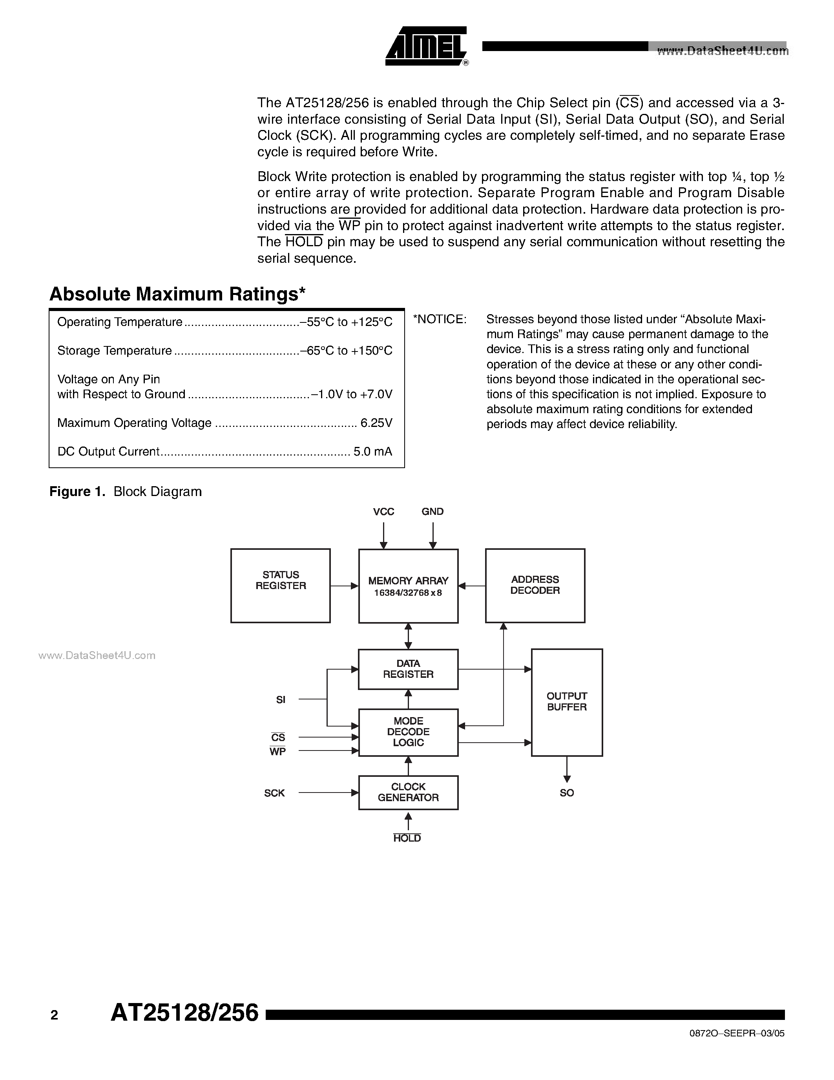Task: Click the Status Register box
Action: [x=280, y=586]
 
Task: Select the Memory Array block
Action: [x=408, y=586]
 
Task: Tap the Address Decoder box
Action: [x=535, y=586]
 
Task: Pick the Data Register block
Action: [x=408, y=669]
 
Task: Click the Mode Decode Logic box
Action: [x=408, y=732]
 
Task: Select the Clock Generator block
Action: [x=408, y=792]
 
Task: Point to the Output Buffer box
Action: [x=567, y=702]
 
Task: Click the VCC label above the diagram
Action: [x=383, y=512]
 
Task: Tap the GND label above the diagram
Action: [x=433, y=512]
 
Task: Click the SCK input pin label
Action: [x=274, y=793]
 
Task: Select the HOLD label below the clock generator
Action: [x=407, y=838]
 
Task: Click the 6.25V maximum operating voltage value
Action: [x=376, y=423]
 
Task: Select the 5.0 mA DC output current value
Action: [x=372, y=452]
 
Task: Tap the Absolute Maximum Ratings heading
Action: [x=177, y=294]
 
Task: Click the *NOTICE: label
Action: [x=439, y=319]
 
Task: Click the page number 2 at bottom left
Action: [x=54, y=1016]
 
